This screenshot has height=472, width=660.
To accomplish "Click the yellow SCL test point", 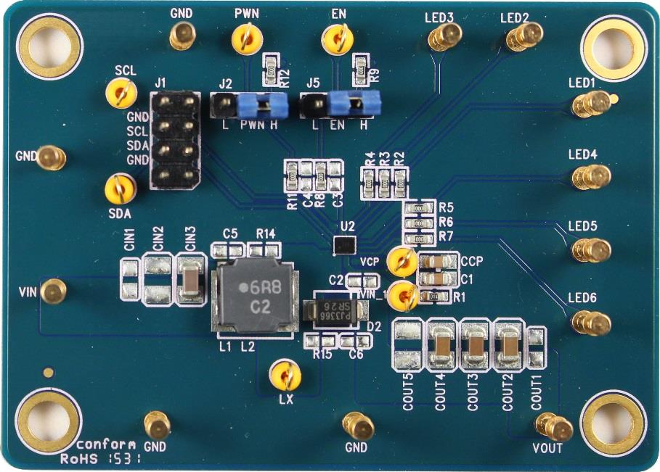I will click(121, 91).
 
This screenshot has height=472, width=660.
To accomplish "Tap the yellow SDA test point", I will click(119, 189).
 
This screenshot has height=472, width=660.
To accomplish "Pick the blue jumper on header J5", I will click(348, 106).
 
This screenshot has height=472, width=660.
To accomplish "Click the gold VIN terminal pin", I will click(52, 291).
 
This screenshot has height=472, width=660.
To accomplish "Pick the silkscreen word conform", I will click(105, 444).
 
